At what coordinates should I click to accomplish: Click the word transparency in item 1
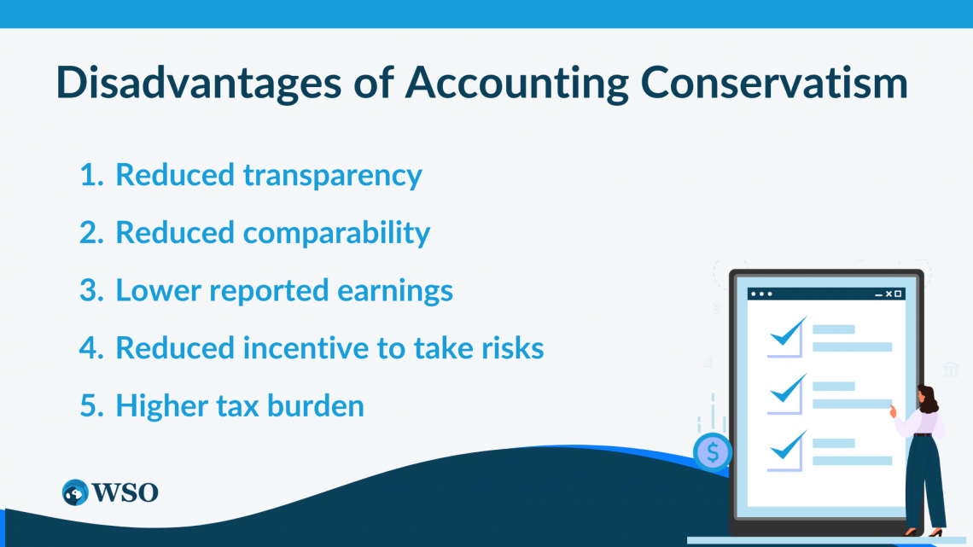point(333,175)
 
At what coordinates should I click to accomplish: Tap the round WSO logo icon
point(76,492)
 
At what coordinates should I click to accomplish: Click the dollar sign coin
point(712,451)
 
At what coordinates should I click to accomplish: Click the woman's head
point(927,398)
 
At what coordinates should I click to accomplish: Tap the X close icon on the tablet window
point(889,294)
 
